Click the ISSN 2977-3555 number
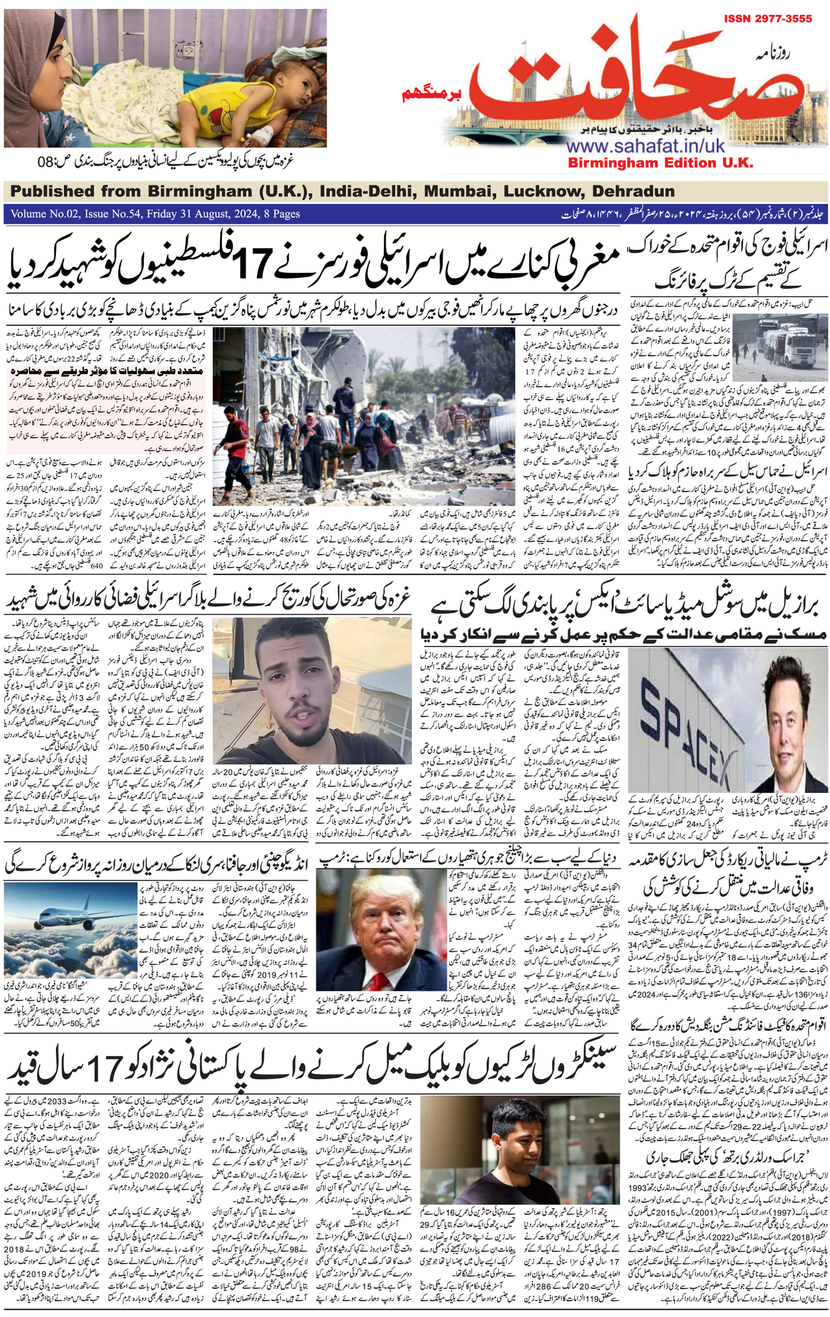pyautogui.click(x=768, y=18)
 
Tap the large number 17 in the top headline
pyautogui.click(x=253, y=263)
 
